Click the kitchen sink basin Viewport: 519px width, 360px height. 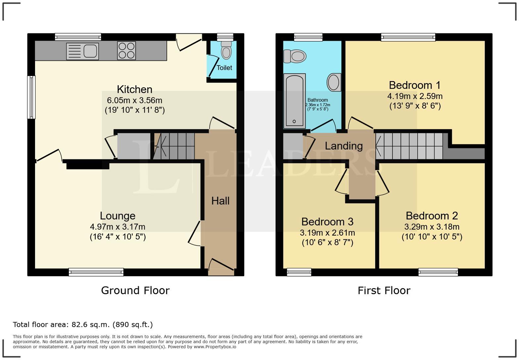pyautogui.click(x=90, y=51)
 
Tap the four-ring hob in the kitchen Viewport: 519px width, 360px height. pyautogui.click(x=126, y=51)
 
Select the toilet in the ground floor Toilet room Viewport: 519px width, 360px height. pyautogui.click(x=226, y=50)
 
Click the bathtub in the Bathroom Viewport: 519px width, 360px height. pyautogui.click(x=295, y=101)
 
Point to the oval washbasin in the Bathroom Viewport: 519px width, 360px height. pyautogui.click(x=334, y=82)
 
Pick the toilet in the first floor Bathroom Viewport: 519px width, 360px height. pyautogui.click(x=295, y=56)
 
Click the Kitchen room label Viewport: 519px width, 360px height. pyautogui.click(x=135, y=89)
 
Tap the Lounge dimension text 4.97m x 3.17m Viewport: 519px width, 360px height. pyautogui.click(x=118, y=227)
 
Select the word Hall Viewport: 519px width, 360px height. pyautogui.click(x=220, y=201)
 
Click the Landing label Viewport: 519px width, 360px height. pyautogui.click(x=344, y=146)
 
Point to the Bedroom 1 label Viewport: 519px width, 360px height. pyautogui.click(x=415, y=85)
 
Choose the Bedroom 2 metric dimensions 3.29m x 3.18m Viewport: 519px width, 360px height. pyautogui.click(x=432, y=227)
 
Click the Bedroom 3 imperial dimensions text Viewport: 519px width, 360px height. pyautogui.click(x=327, y=243)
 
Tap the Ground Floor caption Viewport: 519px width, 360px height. pyautogui.click(x=135, y=291)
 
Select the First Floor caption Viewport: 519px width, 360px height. pyautogui.click(x=384, y=291)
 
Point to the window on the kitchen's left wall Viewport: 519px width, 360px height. pyautogui.click(x=31, y=97)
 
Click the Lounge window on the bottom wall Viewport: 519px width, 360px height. pyautogui.click(x=96, y=272)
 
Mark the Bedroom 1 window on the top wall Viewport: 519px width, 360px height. pyautogui.click(x=408, y=37)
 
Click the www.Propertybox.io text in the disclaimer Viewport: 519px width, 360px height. pyautogui.click(x=215, y=347)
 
